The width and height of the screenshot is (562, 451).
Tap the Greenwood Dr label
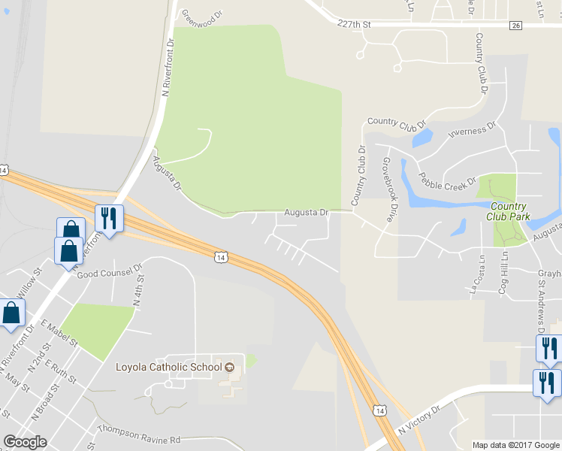pos(202,14)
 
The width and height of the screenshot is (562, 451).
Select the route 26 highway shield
pos(515,26)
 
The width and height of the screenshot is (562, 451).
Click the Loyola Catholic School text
pos(169,367)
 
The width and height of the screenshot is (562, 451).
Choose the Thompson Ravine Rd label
pos(139,439)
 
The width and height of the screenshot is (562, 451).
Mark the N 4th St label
pos(138,291)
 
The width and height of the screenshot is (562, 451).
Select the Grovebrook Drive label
pos(388,189)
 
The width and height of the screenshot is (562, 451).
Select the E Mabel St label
pos(59,331)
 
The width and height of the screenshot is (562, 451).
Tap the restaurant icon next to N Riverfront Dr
pos(109,219)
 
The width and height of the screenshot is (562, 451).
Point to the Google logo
pos(25,442)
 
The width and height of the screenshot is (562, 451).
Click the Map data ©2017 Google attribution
pos(515,445)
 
